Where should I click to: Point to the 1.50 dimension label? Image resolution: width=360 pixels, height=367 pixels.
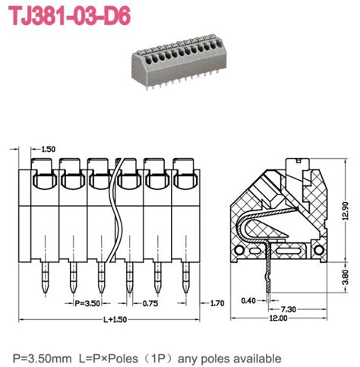coord(48,149)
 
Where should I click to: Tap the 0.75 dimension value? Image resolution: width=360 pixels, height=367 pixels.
coord(150,302)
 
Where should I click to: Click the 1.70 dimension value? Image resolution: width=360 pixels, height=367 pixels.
coord(217,303)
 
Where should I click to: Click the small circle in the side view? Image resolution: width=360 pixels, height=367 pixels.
coord(243,249)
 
